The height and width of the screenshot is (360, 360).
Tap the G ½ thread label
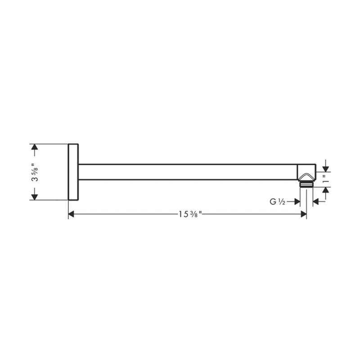[278, 202]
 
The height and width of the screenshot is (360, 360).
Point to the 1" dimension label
[326, 180]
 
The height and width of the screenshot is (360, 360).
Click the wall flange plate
[73, 172]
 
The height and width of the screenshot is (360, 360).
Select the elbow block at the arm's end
[306, 172]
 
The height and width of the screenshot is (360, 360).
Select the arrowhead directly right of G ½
[297, 202]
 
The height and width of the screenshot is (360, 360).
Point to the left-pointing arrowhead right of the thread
[316, 202]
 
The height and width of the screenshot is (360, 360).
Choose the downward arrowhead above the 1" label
[326, 168]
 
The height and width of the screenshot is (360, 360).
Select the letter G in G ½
[273, 202]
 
